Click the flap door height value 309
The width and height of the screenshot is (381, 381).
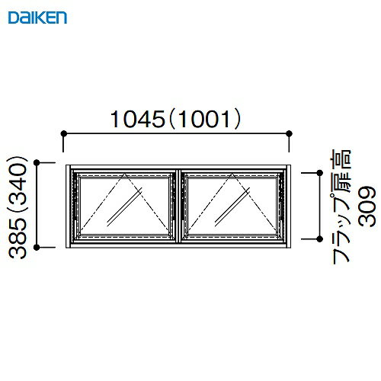point(367,207)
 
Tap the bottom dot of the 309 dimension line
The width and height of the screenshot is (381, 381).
point(313,239)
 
